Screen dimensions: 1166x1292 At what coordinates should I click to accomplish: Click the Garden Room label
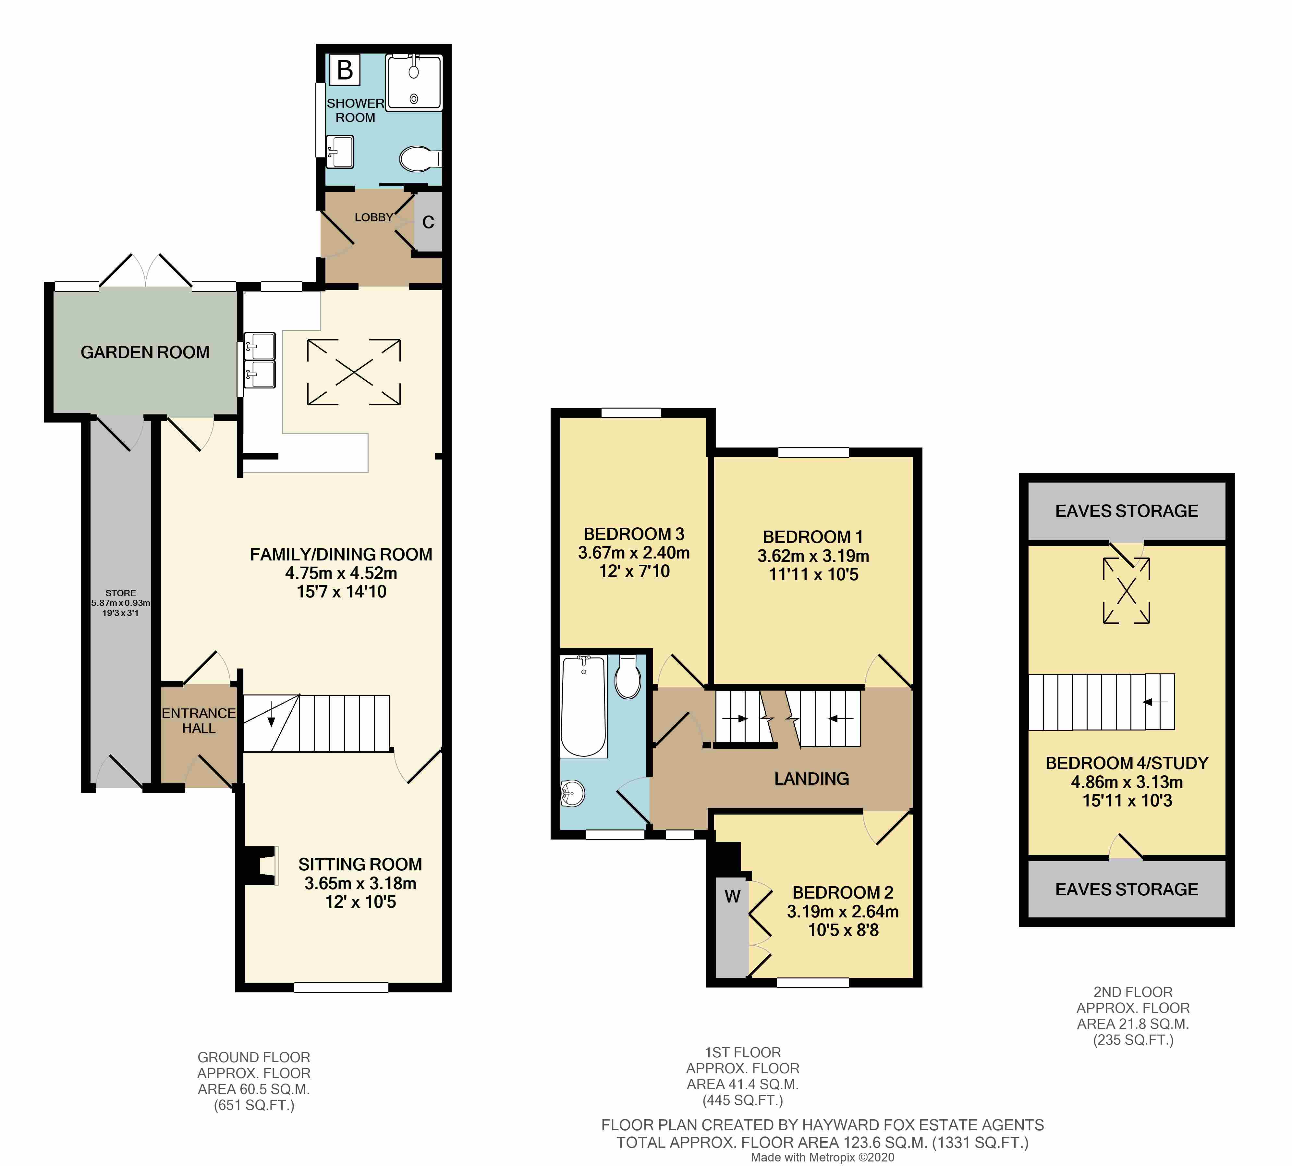[145, 352]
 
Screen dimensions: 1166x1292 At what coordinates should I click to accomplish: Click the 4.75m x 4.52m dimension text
[341, 573]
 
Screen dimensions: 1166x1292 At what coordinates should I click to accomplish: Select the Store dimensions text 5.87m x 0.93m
[120, 603]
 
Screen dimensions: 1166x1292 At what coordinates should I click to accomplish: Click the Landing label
[811, 779]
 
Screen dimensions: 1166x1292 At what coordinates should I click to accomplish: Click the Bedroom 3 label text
[634, 534]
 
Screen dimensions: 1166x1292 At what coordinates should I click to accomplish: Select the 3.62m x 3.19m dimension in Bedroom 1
[813, 556]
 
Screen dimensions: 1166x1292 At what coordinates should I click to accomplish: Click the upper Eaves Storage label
[1126, 510]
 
